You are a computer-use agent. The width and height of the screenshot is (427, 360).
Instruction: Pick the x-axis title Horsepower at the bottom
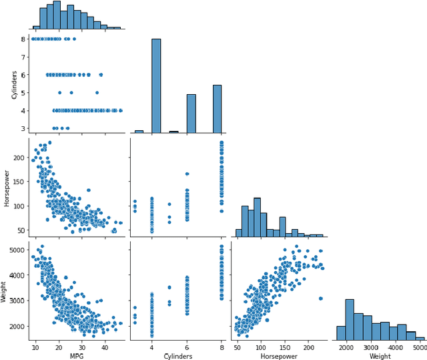coord(279,355)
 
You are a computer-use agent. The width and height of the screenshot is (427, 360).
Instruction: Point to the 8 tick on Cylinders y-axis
coord(23,39)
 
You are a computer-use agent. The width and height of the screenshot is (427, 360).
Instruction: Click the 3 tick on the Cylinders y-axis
coord(23,128)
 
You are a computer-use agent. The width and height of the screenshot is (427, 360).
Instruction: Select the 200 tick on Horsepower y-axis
coord(18,157)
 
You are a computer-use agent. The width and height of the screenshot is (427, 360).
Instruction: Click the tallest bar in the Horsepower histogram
coord(257,217)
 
